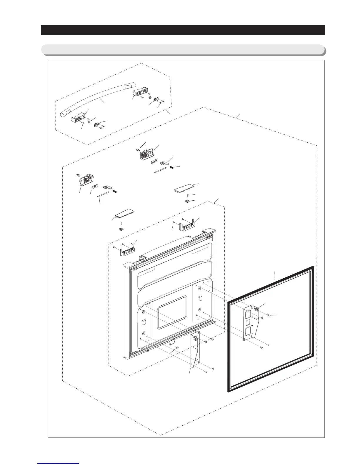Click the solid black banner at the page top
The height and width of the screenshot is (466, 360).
[x=183, y=30]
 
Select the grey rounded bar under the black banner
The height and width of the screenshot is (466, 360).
[x=183, y=49]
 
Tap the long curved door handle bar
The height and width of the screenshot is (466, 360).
[x=97, y=97]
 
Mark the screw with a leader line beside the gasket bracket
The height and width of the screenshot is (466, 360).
[x=268, y=315]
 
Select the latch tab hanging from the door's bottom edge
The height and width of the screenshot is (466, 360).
[x=172, y=342]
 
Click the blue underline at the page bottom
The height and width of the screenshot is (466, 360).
[x=58, y=463]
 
